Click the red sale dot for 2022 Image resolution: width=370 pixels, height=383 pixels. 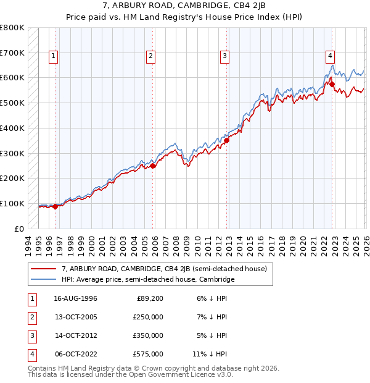[x=332, y=83]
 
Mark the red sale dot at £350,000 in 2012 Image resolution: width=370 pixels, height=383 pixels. [x=226, y=140]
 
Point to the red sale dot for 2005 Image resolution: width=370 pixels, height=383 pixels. [x=153, y=165]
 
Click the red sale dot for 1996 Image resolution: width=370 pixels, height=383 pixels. [x=55, y=206]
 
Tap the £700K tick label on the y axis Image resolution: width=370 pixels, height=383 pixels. [x=12, y=53]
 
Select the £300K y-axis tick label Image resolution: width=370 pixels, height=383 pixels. [x=12, y=153]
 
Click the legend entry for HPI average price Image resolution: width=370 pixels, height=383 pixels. [x=148, y=280]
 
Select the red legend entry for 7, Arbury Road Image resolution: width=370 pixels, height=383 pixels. [x=164, y=269]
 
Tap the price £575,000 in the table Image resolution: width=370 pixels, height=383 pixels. [x=149, y=354]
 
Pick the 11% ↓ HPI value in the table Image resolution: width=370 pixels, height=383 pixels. [x=210, y=354]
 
